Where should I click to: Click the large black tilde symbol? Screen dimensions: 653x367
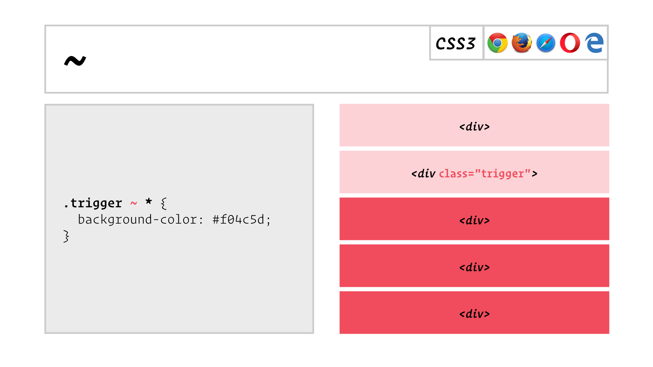pyautogui.click(x=75, y=61)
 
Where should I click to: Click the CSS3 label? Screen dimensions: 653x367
pyautogui.click(x=455, y=43)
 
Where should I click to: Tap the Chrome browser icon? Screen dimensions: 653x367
pyautogui.click(x=497, y=43)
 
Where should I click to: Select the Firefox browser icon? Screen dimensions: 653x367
pyautogui.click(x=522, y=43)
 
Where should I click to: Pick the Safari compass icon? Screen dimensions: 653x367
pyautogui.click(x=546, y=43)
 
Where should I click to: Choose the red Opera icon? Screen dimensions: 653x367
pyautogui.click(x=570, y=43)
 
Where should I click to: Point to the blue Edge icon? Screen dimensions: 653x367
pyautogui.click(x=594, y=43)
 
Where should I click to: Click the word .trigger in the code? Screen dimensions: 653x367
pyautogui.click(x=93, y=203)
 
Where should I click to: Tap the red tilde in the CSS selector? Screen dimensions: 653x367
pyautogui.click(x=133, y=203)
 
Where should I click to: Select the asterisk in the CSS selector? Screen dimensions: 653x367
pyautogui.click(x=149, y=201)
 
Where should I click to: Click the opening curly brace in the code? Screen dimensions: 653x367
pyautogui.click(x=164, y=204)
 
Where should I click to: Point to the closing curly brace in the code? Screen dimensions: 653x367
pyautogui.click(x=66, y=236)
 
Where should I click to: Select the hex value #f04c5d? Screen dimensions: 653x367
pyautogui.click(x=238, y=220)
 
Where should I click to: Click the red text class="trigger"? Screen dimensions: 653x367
pyautogui.click(x=485, y=174)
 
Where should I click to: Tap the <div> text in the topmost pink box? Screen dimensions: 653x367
pyautogui.click(x=474, y=127)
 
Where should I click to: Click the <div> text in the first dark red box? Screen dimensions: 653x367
pyautogui.click(x=474, y=221)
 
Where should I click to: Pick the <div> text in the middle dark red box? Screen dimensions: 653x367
pyautogui.click(x=474, y=267)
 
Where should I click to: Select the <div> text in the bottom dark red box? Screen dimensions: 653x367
pyautogui.click(x=474, y=314)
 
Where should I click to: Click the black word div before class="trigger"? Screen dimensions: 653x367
pyautogui.click(x=427, y=174)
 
